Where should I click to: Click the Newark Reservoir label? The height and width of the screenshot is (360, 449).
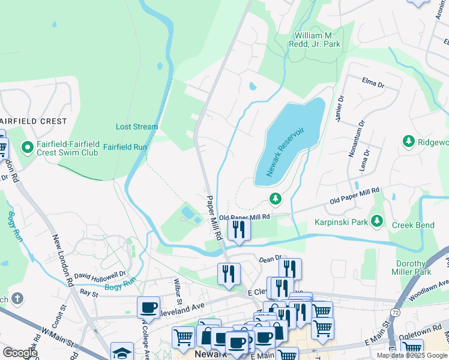click(x=286, y=151)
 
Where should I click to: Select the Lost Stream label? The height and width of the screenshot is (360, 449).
click(x=137, y=127)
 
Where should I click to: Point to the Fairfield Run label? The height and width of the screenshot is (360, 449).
click(x=125, y=146)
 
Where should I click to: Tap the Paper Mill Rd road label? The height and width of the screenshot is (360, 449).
click(x=214, y=217)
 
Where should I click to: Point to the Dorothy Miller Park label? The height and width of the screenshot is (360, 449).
click(x=413, y=268)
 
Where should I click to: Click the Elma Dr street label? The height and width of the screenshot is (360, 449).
click(x=372, y=82)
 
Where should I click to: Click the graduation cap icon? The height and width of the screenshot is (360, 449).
click(x=122, y=352)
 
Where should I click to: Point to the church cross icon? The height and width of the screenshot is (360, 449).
click(x=18, y=298)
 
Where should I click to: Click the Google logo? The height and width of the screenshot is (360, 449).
click(x=19, y=352)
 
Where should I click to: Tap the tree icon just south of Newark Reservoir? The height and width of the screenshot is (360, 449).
click(x=276, y=198)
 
